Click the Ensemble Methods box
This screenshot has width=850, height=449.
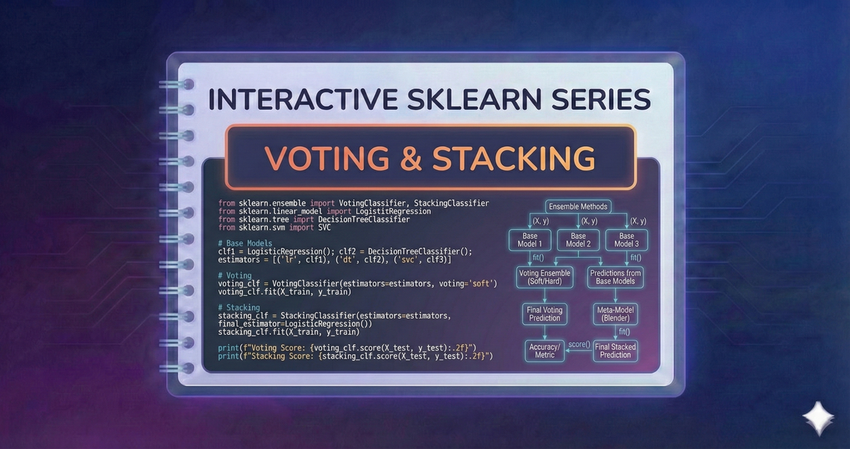pyautogui.click(x=578, y=207)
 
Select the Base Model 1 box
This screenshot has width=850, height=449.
pyautogui.click(x=530, y=240)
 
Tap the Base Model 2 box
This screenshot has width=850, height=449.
pyautogui.click(x=578, y=240)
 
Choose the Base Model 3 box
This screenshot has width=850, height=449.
pyautogui.click(x=626, y=240)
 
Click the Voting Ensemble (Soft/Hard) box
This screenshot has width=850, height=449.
pyautogui.click(x=544, y=277)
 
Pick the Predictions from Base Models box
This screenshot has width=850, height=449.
pyautogui.click(x=617, y=277)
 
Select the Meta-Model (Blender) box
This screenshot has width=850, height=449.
pyautogui.click(x=617, y=313)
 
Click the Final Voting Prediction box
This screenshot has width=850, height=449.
pyautogui.click(x=544, y=313)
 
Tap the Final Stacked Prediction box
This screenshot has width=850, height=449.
pyautogui.click(x=616, y=351)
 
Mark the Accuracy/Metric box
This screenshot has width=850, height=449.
pyautogui.click(x=544, y=351)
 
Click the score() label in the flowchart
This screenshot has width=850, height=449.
pyautogui.click(x=579, y=345)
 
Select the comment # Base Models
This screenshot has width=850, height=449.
pyautogui.click(x=245, y=243)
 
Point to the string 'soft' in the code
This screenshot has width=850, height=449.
pyautogui.click(x=482, y=283)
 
